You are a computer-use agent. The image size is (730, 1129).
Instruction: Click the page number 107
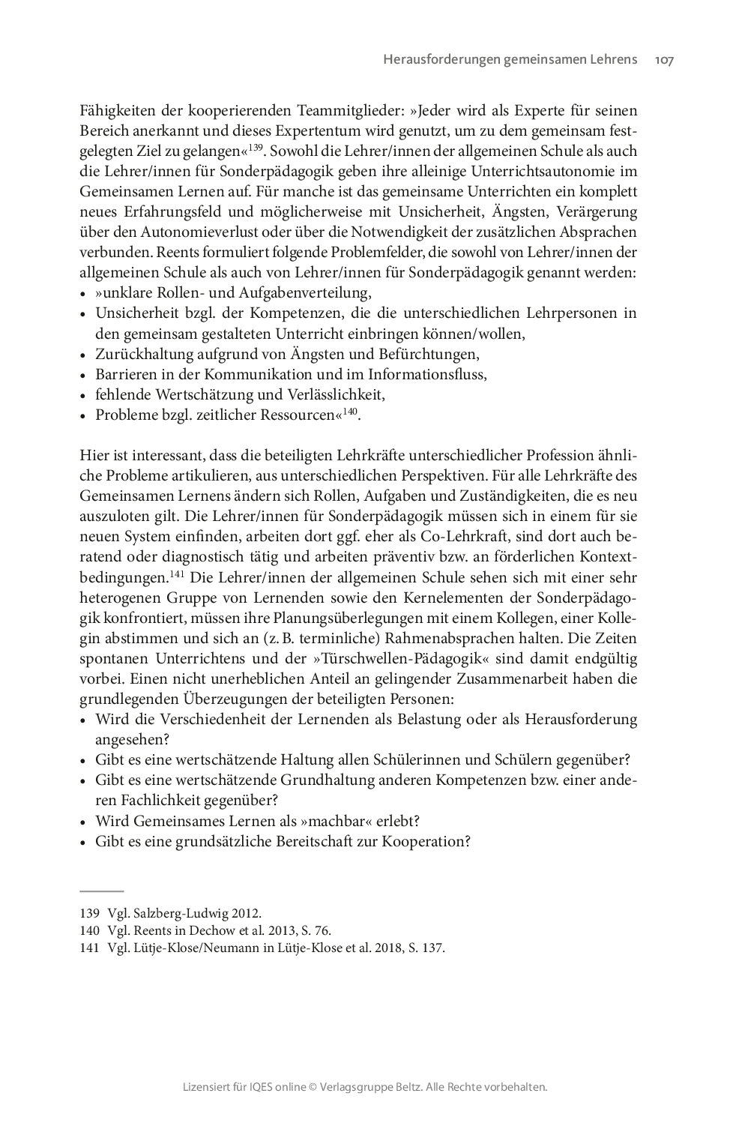point(664,59)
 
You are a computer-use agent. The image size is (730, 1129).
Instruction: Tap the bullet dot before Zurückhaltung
point(84,355)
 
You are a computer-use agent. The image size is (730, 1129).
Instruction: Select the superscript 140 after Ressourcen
point(350,411)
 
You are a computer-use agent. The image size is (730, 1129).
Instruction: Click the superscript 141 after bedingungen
point(178,573)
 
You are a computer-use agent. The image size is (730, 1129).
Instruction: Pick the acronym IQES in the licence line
point(263,1086)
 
